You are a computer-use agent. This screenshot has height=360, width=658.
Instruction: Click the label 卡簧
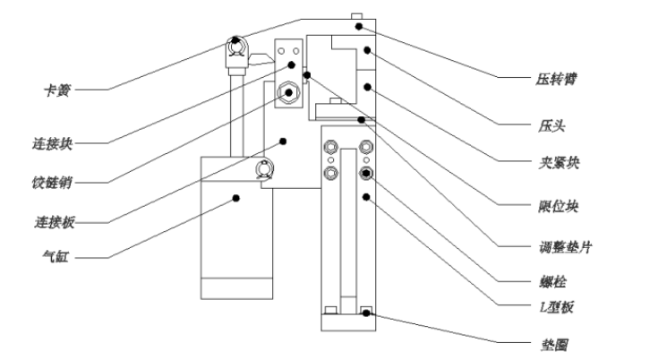click(x=57, y=90)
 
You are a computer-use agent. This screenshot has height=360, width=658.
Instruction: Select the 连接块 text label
click(x=53, y=144)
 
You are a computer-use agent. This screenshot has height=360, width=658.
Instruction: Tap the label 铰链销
click(x=52, y=183)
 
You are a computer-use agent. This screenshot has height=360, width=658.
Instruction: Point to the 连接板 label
click(x=55, y=222)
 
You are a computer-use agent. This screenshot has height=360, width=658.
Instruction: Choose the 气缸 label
click(x=56, y=256)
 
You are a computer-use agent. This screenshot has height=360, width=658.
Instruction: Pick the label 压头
click(x=551, y=126)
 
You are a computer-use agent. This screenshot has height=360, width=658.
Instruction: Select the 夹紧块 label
click(x=559, y=162)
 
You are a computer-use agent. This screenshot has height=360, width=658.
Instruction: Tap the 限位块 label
click(x=559, y=207)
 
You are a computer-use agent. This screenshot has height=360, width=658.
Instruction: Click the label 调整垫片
click(x=565, y=247)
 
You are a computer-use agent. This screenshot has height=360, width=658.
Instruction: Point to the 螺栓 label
click(x=552, y=281)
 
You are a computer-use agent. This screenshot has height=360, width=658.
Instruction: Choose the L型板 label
click(x=557, y=307)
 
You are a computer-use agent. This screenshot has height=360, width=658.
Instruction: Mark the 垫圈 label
click(x=555, y=346)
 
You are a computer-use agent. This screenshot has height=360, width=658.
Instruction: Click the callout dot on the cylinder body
click(x=236, y=198)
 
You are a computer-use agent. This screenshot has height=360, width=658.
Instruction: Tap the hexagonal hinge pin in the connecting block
click(x=288, y=92)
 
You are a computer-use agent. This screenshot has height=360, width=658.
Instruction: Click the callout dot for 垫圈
click(x=366, y=313)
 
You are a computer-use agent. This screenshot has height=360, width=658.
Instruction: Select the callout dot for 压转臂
click(x=359, y=27)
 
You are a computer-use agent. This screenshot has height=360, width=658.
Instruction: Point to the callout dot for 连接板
click(x=283, y=141)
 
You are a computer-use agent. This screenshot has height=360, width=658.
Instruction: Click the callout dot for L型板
click(x=366, y=197)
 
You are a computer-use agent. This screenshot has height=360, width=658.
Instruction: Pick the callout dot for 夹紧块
click(x=368, y=87)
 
